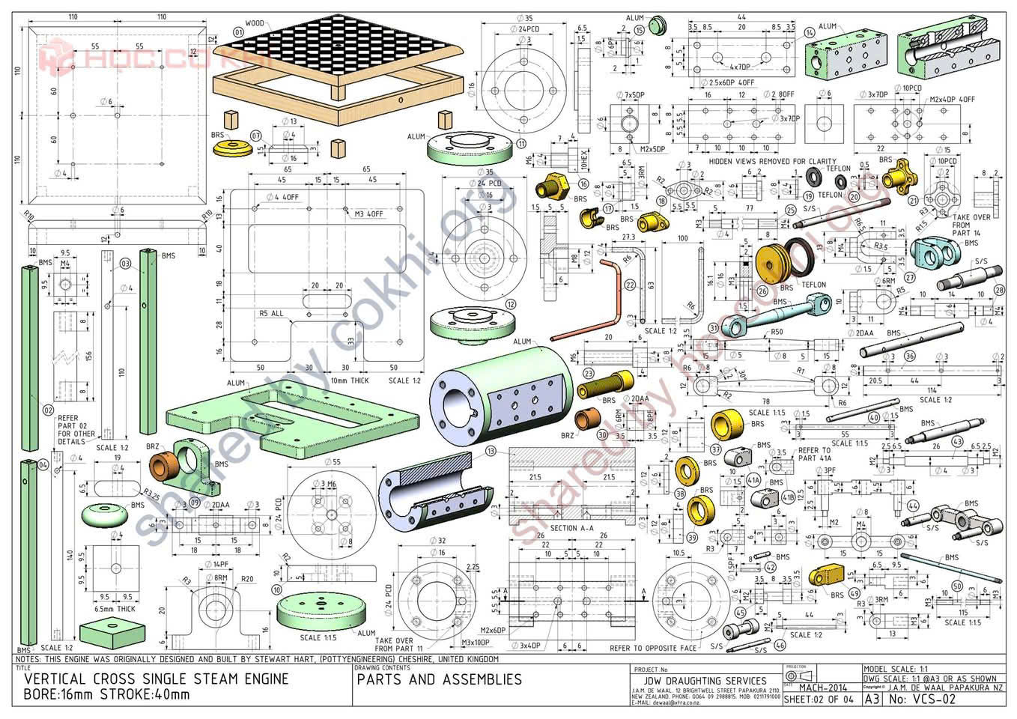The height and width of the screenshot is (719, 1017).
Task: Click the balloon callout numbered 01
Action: tap(239, 32)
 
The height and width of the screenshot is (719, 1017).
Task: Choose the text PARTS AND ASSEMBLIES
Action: tap(439, 679)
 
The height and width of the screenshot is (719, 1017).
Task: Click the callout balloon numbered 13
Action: tap(491, 452)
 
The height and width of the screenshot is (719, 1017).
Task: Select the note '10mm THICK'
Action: tap(350, 380)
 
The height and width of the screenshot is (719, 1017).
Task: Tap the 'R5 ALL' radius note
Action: tap(272, 314)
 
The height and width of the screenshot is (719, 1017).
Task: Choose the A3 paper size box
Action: tap(872, 700)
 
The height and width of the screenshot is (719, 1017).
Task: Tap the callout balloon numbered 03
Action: tap(125, 263)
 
